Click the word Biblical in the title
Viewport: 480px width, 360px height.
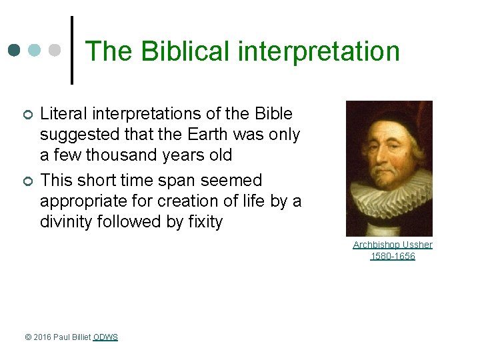[176, 51]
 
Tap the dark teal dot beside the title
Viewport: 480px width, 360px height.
[15, 50]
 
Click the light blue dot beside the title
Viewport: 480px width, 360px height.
[35, 50]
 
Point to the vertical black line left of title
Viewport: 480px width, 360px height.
[72, 50]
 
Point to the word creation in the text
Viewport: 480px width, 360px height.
[163, 201]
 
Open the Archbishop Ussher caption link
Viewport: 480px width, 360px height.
[392, 245]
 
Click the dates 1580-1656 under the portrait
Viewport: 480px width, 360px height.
[392, 256]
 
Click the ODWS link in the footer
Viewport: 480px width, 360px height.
[105, 337]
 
